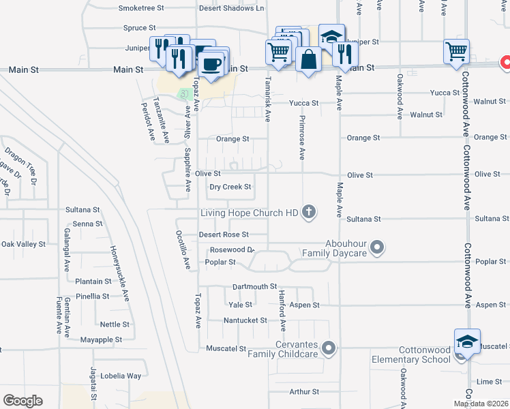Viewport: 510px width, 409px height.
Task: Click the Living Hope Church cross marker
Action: [x=309, y=212]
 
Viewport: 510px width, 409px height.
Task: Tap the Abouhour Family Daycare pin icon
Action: [x=380, y=247]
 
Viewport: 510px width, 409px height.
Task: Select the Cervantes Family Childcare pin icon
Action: [x=329, y=348]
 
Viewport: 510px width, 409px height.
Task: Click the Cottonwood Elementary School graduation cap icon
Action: [x=468, y=342]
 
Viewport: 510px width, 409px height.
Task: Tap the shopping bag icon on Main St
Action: [x=308, y=59]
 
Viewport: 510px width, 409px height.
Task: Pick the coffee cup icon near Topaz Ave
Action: [x=211, y=64]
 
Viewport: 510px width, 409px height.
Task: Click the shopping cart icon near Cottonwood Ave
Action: [x=455, y=51]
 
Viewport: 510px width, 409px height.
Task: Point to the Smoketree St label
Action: [x=141, y=8]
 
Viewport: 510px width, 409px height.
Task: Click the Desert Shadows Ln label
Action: [x=231, y=8]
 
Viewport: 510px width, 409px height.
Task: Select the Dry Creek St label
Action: [x=230, y=187]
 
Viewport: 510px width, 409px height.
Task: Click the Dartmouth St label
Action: [x=254, y=287]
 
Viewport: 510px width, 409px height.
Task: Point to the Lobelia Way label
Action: [x=123, y=376]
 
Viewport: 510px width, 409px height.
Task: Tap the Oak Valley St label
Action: [x=23, y=243]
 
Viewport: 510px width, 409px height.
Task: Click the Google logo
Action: [x=22, y=400]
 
